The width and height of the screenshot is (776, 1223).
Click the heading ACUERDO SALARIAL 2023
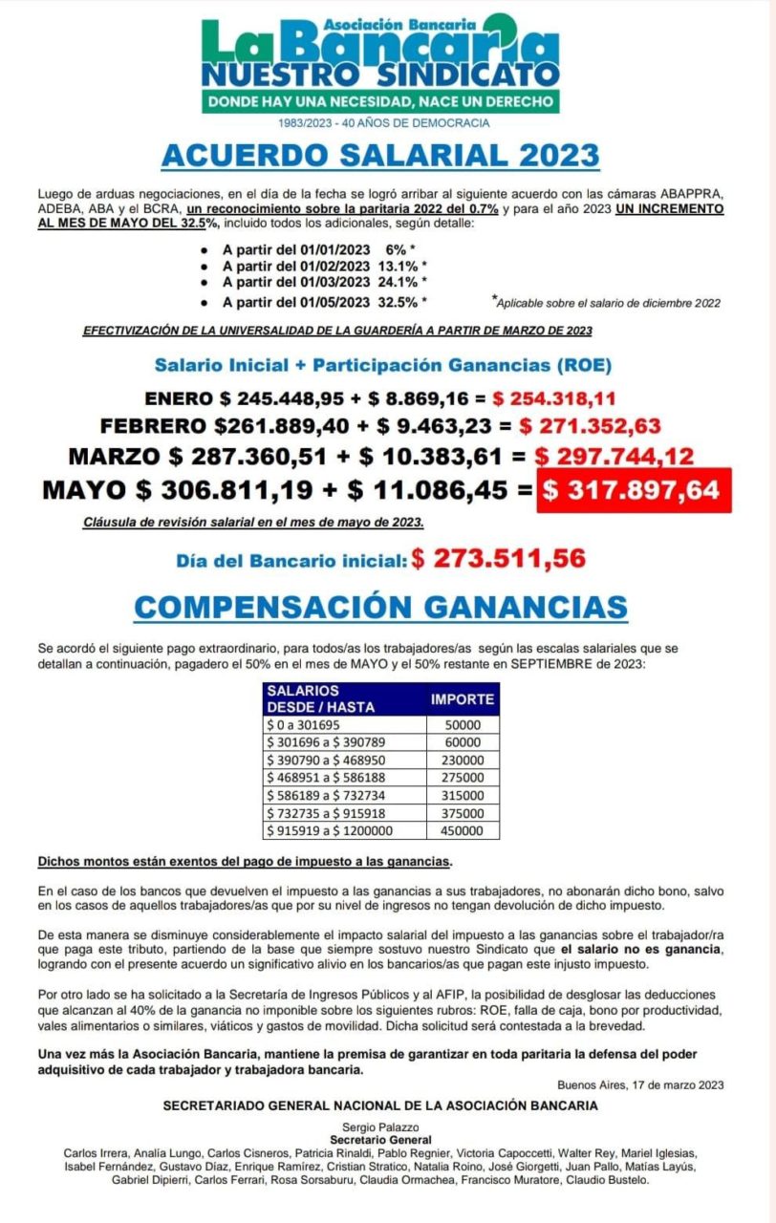379,156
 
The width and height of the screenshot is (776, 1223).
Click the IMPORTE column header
462,698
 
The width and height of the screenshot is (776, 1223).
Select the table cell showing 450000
462,830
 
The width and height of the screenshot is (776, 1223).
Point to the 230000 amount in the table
462,760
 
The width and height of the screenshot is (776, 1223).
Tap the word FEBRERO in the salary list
154,425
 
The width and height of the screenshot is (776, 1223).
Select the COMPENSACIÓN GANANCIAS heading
380,607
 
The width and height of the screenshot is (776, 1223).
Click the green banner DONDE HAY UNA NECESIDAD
380,100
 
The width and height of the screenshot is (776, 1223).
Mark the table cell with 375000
462,813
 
